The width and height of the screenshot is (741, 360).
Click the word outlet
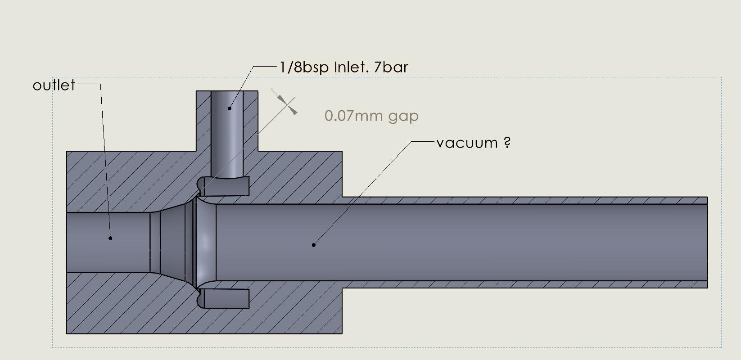point(54,85)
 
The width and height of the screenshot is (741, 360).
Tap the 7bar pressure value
point(391,67)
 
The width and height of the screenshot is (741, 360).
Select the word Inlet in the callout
point(351,67)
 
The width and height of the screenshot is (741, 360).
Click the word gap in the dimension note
point(403,117)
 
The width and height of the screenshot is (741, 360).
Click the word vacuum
point(467,143)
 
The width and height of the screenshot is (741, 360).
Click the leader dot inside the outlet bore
point(110,238)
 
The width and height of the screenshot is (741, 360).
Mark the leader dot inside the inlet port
point(230,108)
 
